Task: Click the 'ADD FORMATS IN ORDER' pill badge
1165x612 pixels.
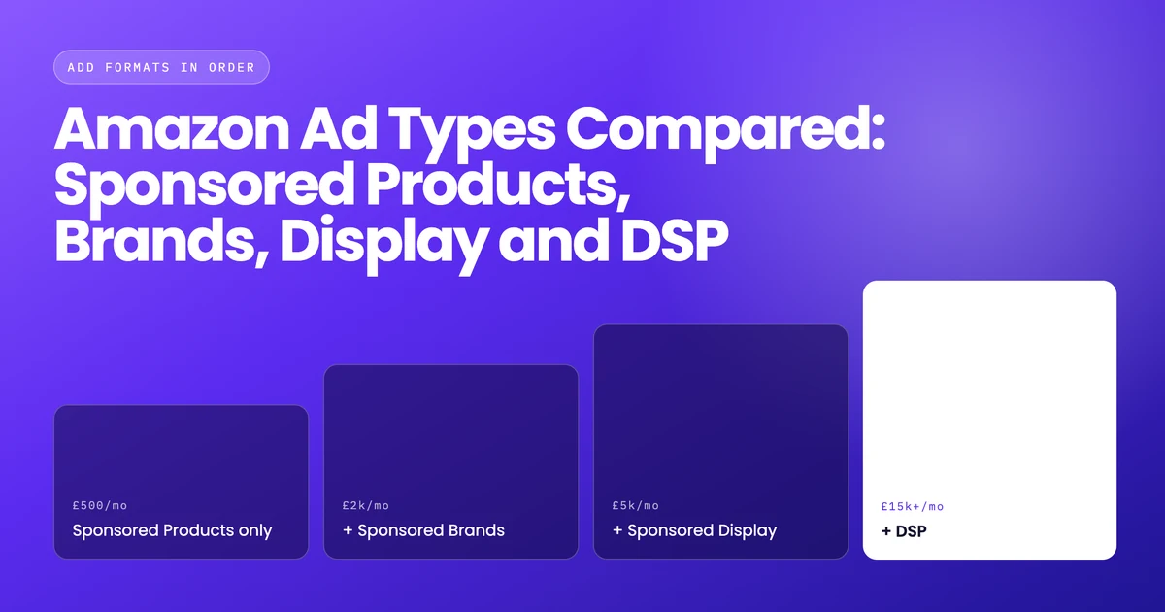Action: tap(161, 67)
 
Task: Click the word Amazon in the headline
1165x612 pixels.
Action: tap(172, 128)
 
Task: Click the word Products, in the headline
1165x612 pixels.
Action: tap(498, 185)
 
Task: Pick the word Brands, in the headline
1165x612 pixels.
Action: tap(161, 241)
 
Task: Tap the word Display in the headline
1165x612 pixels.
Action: tap(383, 244)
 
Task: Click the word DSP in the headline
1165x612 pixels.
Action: tap(675, 241)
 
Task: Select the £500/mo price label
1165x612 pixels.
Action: tap(100, 505)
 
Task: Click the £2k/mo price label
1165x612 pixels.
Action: tap(366, 505)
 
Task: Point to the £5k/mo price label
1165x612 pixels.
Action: tap(636, 505)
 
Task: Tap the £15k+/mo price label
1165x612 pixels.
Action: tap(913, 506)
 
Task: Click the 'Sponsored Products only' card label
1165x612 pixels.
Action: tap(172, 530)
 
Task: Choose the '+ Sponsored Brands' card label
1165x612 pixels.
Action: tap(423, 530)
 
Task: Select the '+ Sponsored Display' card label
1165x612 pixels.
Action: tap(694, 530)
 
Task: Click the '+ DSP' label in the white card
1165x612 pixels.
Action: tap(904, 531)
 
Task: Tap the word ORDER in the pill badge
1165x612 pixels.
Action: tap(232, 68)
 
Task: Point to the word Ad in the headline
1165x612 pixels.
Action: tap(339, 128)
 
